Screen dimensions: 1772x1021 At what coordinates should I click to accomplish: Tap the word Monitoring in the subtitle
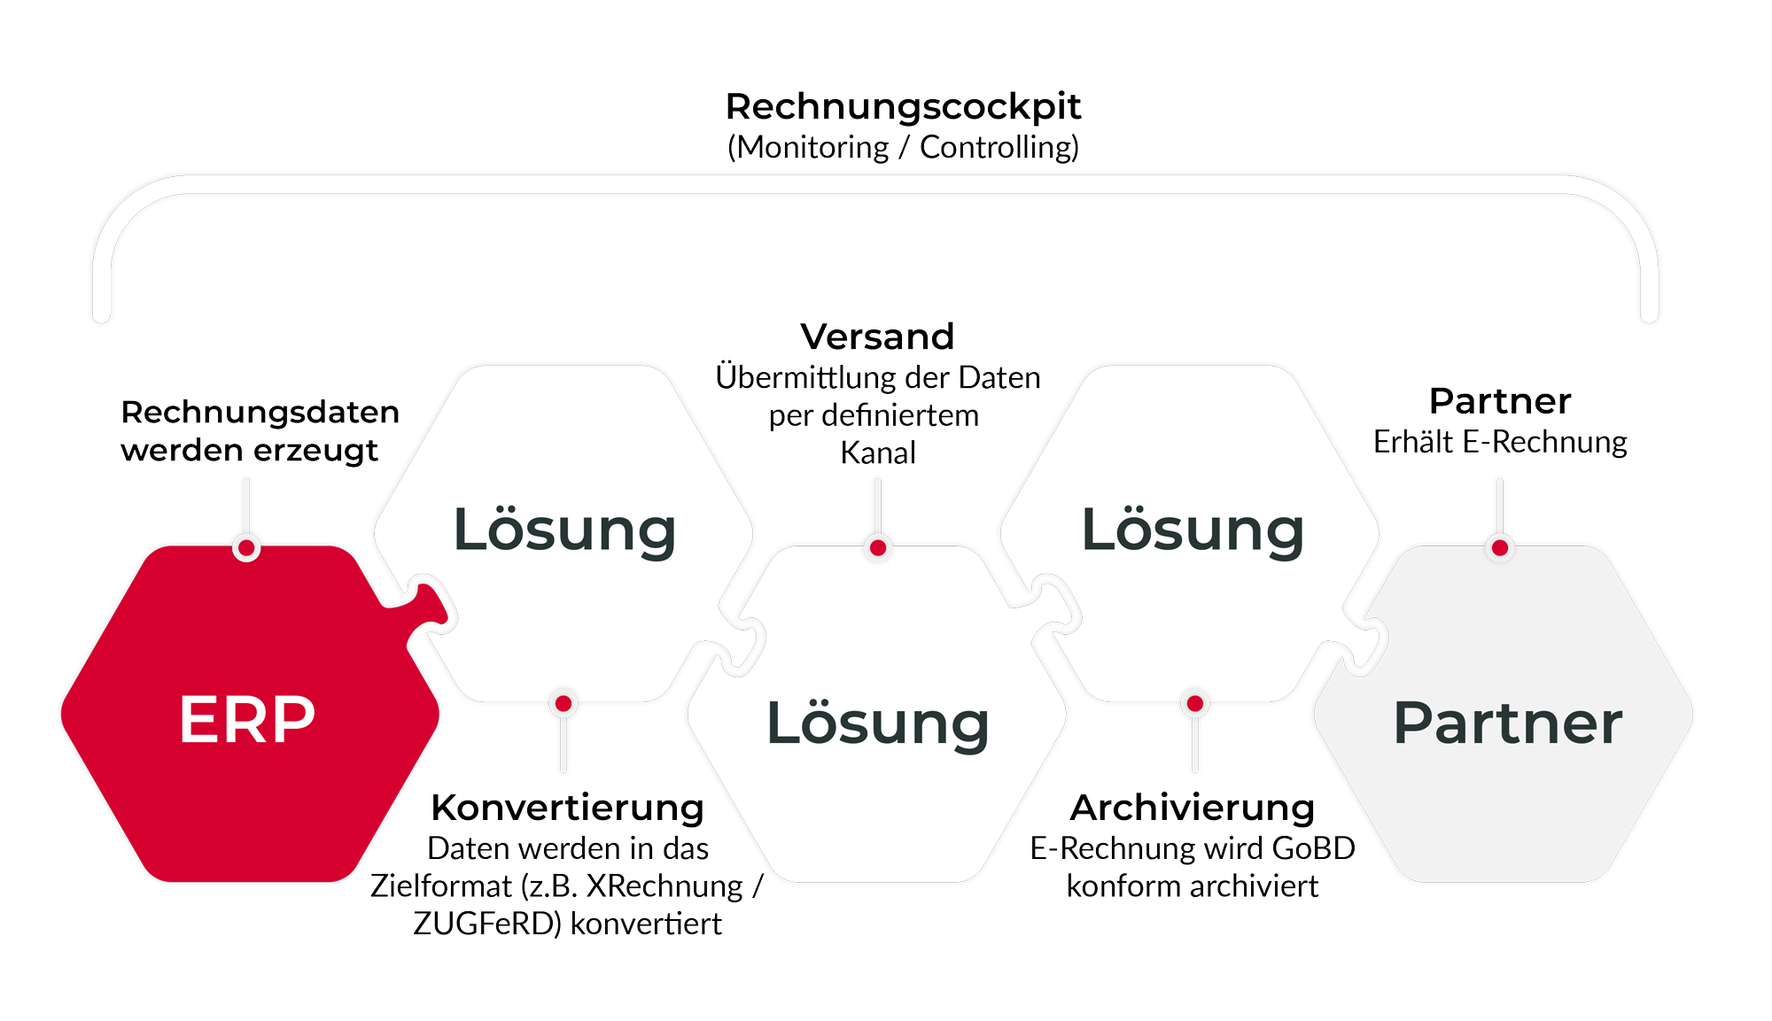coord(812,148)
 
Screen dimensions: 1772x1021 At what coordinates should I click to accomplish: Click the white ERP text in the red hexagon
coord(247,719)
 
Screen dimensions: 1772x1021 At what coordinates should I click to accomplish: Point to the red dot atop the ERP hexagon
coord(247,548)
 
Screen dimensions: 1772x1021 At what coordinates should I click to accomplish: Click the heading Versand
coord(877,336)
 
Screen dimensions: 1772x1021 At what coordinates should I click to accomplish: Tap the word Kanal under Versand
coord(878,452)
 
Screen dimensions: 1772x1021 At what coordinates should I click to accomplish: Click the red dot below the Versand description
coord(878,548)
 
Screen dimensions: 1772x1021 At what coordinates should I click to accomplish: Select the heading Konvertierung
coord(568,808)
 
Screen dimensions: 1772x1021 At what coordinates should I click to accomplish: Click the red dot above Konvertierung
coord(563,704)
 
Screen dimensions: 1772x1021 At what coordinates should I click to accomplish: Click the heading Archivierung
coord(1193,808)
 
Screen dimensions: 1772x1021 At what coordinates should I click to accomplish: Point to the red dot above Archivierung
coord(1195,704)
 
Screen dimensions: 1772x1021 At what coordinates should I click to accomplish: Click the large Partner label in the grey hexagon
coord(1508,723)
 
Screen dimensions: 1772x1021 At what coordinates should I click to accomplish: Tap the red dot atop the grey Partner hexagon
coord(1500,548)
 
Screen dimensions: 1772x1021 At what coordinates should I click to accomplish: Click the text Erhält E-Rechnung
coord(1500,442)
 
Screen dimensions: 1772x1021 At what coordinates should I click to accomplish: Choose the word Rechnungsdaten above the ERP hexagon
coord(260,412)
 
